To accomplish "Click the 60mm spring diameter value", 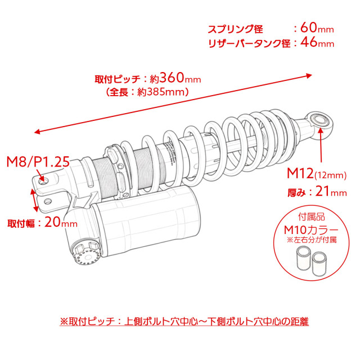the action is tap(317, 28).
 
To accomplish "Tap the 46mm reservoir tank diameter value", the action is tap(317, 43).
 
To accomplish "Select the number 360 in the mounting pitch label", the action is tap(172, 78).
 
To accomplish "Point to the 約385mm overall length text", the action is tap(161, 92).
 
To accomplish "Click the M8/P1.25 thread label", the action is tap(38, 161).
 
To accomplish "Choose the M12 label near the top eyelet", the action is tap(300, 173).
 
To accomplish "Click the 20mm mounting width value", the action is tap(61, 222).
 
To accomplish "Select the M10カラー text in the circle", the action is tap(311, 230).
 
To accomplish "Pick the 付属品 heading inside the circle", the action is tap(312, 217).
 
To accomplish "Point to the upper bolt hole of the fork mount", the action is tap(43, 181).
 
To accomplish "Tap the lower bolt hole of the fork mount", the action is tap(48, 201).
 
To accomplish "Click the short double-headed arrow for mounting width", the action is tap(34, 200).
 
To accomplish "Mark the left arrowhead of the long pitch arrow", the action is tap(37, 132).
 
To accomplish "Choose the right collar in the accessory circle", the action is tap(319, 264).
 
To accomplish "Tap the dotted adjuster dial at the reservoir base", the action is tap(88, 254).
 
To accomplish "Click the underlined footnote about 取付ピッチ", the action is tap(184, 321).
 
